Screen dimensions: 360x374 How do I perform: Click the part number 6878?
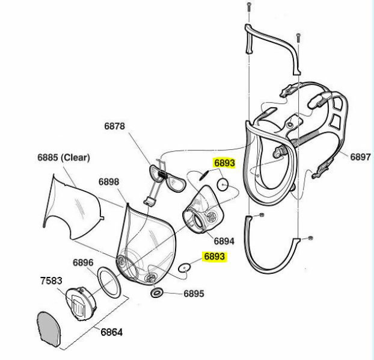pyautogui.click(x=114, y=126)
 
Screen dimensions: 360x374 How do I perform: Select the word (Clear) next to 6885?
pyautogui.click(x=75, y=158)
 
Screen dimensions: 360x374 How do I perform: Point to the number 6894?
pyautogui.click(x=224, y=241)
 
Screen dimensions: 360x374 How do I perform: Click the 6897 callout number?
pyautogui.click(x=360, y=157)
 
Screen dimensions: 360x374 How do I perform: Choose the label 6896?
pyautogui.click(x=83, y=262)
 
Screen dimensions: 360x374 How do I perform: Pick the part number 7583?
pyautogui.click(x=51, y=281)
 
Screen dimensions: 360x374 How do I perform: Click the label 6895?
pyautogui.click(x=194, y=294)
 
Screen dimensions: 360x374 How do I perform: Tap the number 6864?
pyautogui.click(x=111, y=332)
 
